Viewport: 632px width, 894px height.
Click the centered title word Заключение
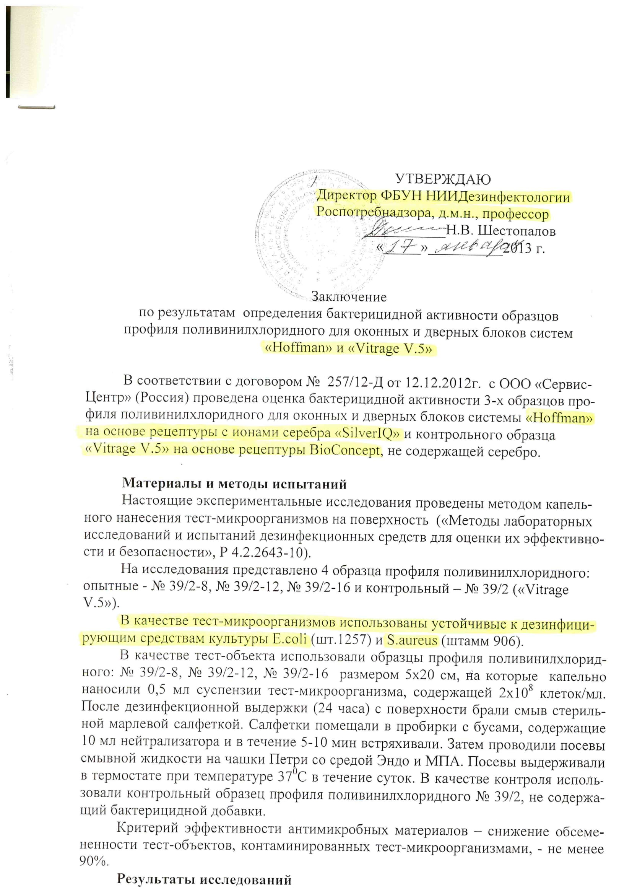pos(349,297)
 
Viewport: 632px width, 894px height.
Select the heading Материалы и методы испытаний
pos(234,484)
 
